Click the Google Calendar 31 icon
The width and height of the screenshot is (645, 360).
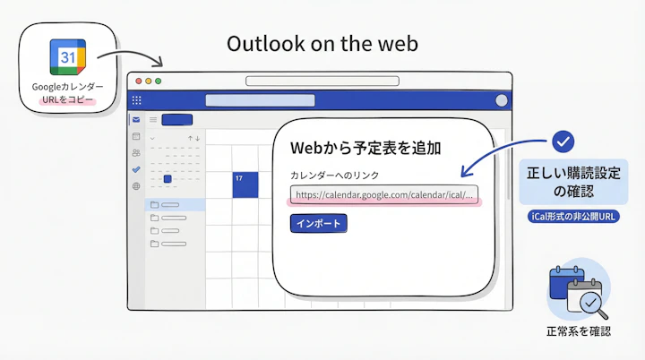tap(67, 57)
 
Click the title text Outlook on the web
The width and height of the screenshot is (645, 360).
tap(322, 43)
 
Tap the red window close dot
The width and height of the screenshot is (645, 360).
tap(136, 81)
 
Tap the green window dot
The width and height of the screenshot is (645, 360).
tap(158, 81)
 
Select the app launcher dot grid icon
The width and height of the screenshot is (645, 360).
tap(136, 101)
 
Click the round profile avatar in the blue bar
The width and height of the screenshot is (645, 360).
tap(501, 101)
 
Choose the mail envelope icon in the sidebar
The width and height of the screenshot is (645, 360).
tap(136, 119)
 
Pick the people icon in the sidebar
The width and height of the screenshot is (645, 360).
tap(136, 153)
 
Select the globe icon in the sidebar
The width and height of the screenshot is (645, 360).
tap(136, 186)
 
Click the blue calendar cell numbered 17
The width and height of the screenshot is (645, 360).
tap(245, 184)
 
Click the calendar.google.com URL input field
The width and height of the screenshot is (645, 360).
tap(383, 194)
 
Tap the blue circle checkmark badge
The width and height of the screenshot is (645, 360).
tap(563, 141)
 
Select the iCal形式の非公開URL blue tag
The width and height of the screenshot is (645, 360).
tap(573, 217)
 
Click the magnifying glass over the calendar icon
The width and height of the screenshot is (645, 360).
tap(590, 305)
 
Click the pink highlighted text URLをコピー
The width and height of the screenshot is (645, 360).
tap(67, 99)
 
